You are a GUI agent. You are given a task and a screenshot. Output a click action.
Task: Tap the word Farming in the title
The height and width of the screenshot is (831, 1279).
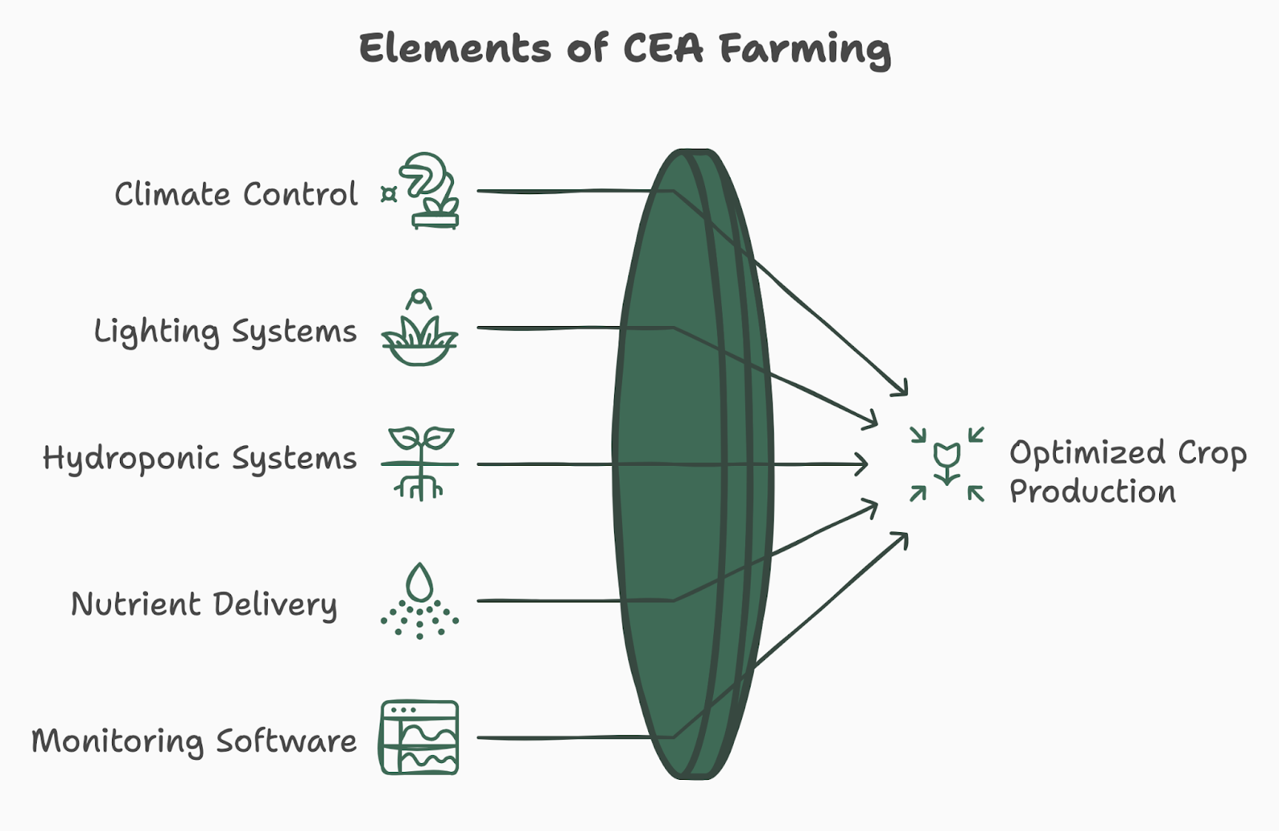(804, 50)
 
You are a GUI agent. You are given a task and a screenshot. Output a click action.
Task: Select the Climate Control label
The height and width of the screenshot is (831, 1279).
(236, 194)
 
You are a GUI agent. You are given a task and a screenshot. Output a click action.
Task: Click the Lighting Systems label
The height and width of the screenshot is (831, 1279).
(225, 332)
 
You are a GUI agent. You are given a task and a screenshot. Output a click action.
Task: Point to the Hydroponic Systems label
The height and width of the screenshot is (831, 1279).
(199, 459)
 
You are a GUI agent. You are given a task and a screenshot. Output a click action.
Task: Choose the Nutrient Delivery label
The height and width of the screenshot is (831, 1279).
(204, 605)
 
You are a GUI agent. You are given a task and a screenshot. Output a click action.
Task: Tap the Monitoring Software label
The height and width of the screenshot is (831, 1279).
(193, 742)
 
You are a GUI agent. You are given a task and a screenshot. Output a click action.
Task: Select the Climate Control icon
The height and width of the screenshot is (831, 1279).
(430, 192)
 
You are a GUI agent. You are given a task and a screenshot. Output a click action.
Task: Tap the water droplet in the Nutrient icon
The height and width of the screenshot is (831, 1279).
(420, 582)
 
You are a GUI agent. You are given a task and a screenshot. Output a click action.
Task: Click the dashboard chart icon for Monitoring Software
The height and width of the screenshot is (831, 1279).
(420, 738)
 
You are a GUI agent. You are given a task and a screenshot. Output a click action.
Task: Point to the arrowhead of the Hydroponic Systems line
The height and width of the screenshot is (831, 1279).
(864, 463)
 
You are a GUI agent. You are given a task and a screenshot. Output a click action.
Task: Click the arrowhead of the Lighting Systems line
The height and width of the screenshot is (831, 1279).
(873, 422)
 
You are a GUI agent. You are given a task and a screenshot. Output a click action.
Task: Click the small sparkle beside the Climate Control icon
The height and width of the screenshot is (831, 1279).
(389, 194)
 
